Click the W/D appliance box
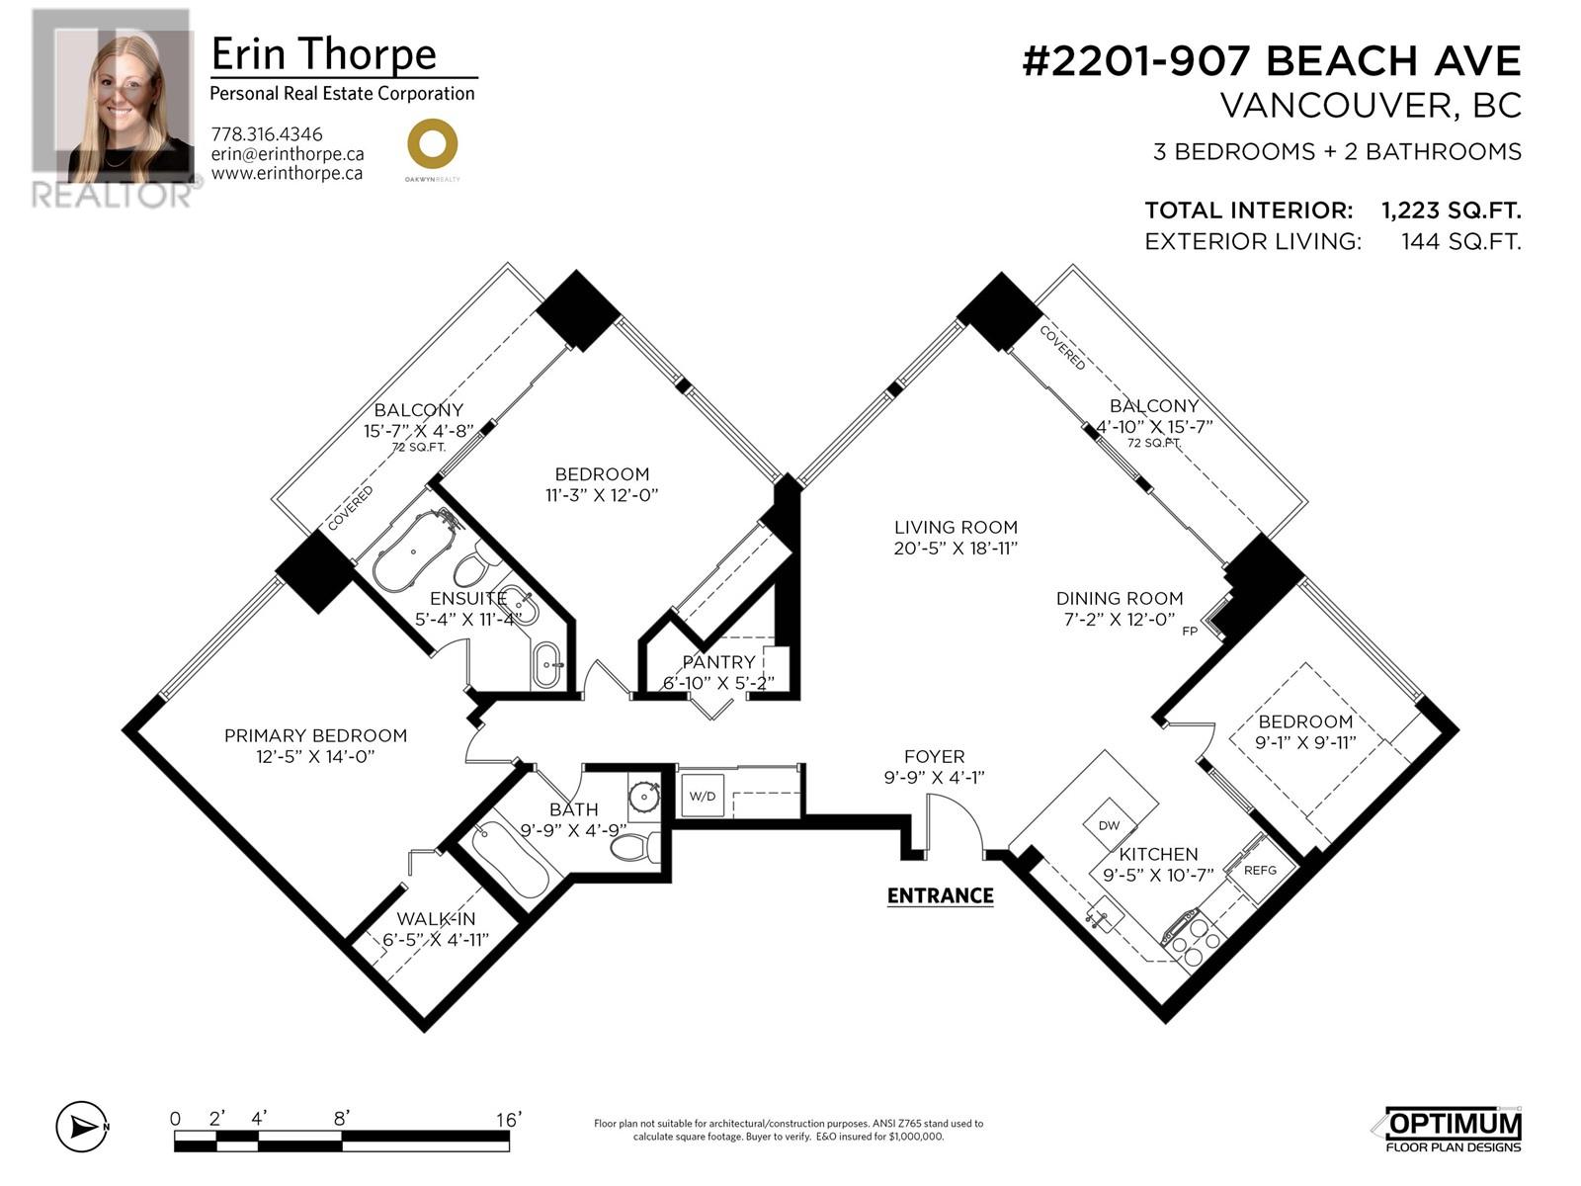703,796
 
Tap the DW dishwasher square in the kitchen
1110,825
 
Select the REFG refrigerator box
1261,870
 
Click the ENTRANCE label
940,895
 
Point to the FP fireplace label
1189,632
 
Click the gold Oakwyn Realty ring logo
432,143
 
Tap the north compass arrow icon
82,1127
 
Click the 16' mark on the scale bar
508,1120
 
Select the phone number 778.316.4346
267,134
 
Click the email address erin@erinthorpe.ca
288,154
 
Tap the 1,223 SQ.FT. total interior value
1451,211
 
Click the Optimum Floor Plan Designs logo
1453,1129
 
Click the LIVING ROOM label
956,527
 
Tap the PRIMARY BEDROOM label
315,735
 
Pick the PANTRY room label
718,662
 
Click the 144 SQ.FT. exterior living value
1460,242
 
